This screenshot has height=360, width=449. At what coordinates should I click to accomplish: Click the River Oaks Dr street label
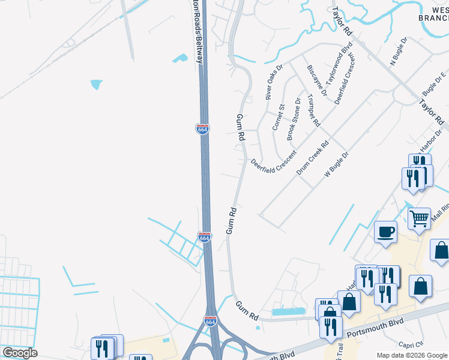(273, 83)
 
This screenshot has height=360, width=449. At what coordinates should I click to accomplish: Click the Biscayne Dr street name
(316, 80)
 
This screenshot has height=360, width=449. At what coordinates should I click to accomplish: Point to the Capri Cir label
(411, 344)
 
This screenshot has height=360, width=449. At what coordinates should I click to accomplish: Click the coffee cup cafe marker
(385, 231)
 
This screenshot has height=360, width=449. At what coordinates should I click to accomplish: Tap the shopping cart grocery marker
(419, 218)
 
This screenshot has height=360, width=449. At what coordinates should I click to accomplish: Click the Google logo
(20, 353)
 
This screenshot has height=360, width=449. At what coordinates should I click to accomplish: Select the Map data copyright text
(412, 355)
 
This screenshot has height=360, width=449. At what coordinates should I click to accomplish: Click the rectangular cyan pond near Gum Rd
(288, 312)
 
